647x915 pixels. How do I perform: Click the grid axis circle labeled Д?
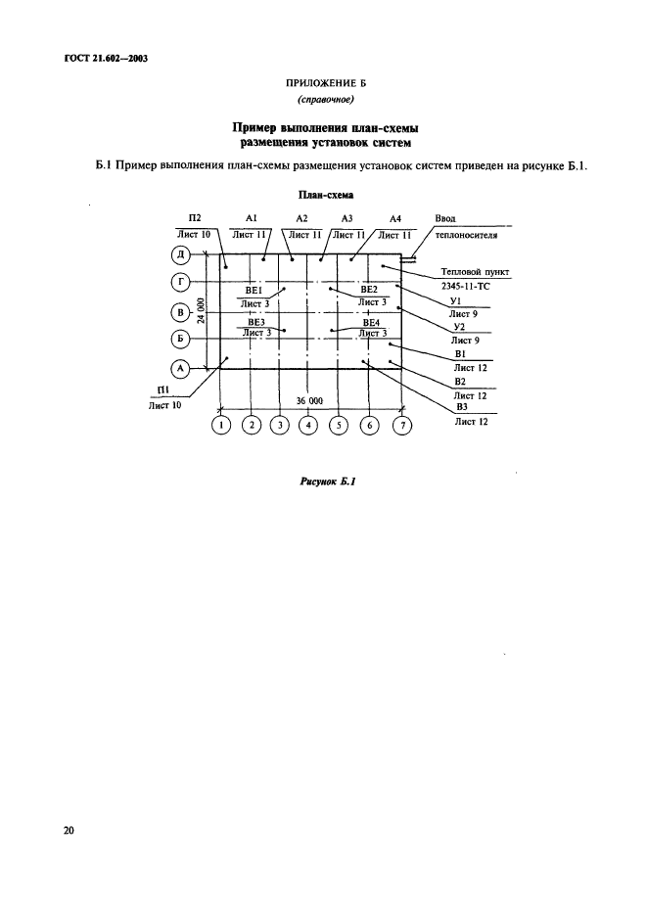tap(180, 255)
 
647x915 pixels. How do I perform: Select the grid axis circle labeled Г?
tap(180, 284)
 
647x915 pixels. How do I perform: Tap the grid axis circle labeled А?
tap(180, 369)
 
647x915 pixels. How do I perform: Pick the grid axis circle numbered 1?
tap(221, 425)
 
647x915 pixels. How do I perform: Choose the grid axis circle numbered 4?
tap(308, 425)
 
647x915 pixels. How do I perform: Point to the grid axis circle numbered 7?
tap(399, 425)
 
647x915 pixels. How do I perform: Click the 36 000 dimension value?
tap(309, 400)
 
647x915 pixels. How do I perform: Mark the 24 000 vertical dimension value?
tap(200, 311)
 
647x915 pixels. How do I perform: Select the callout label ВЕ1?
tap(254, 291)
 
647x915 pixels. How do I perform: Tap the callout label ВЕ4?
tap(371, 322)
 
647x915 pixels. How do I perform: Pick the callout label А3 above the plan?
tap(347, 218)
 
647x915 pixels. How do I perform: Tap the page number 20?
tap(69, 831)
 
